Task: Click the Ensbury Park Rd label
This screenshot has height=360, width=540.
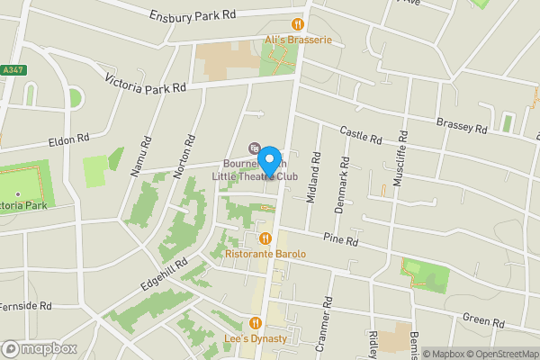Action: click(x=193, y=15)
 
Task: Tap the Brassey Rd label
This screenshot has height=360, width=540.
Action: click(x=462, y=124)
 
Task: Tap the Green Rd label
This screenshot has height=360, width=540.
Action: click(x=484, y=320)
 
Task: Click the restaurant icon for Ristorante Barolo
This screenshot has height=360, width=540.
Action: click(x=265, y=238)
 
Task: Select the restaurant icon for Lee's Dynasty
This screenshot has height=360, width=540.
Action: click(x=256, y=323)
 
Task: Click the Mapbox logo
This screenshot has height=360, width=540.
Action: click(x=39, y=348)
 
